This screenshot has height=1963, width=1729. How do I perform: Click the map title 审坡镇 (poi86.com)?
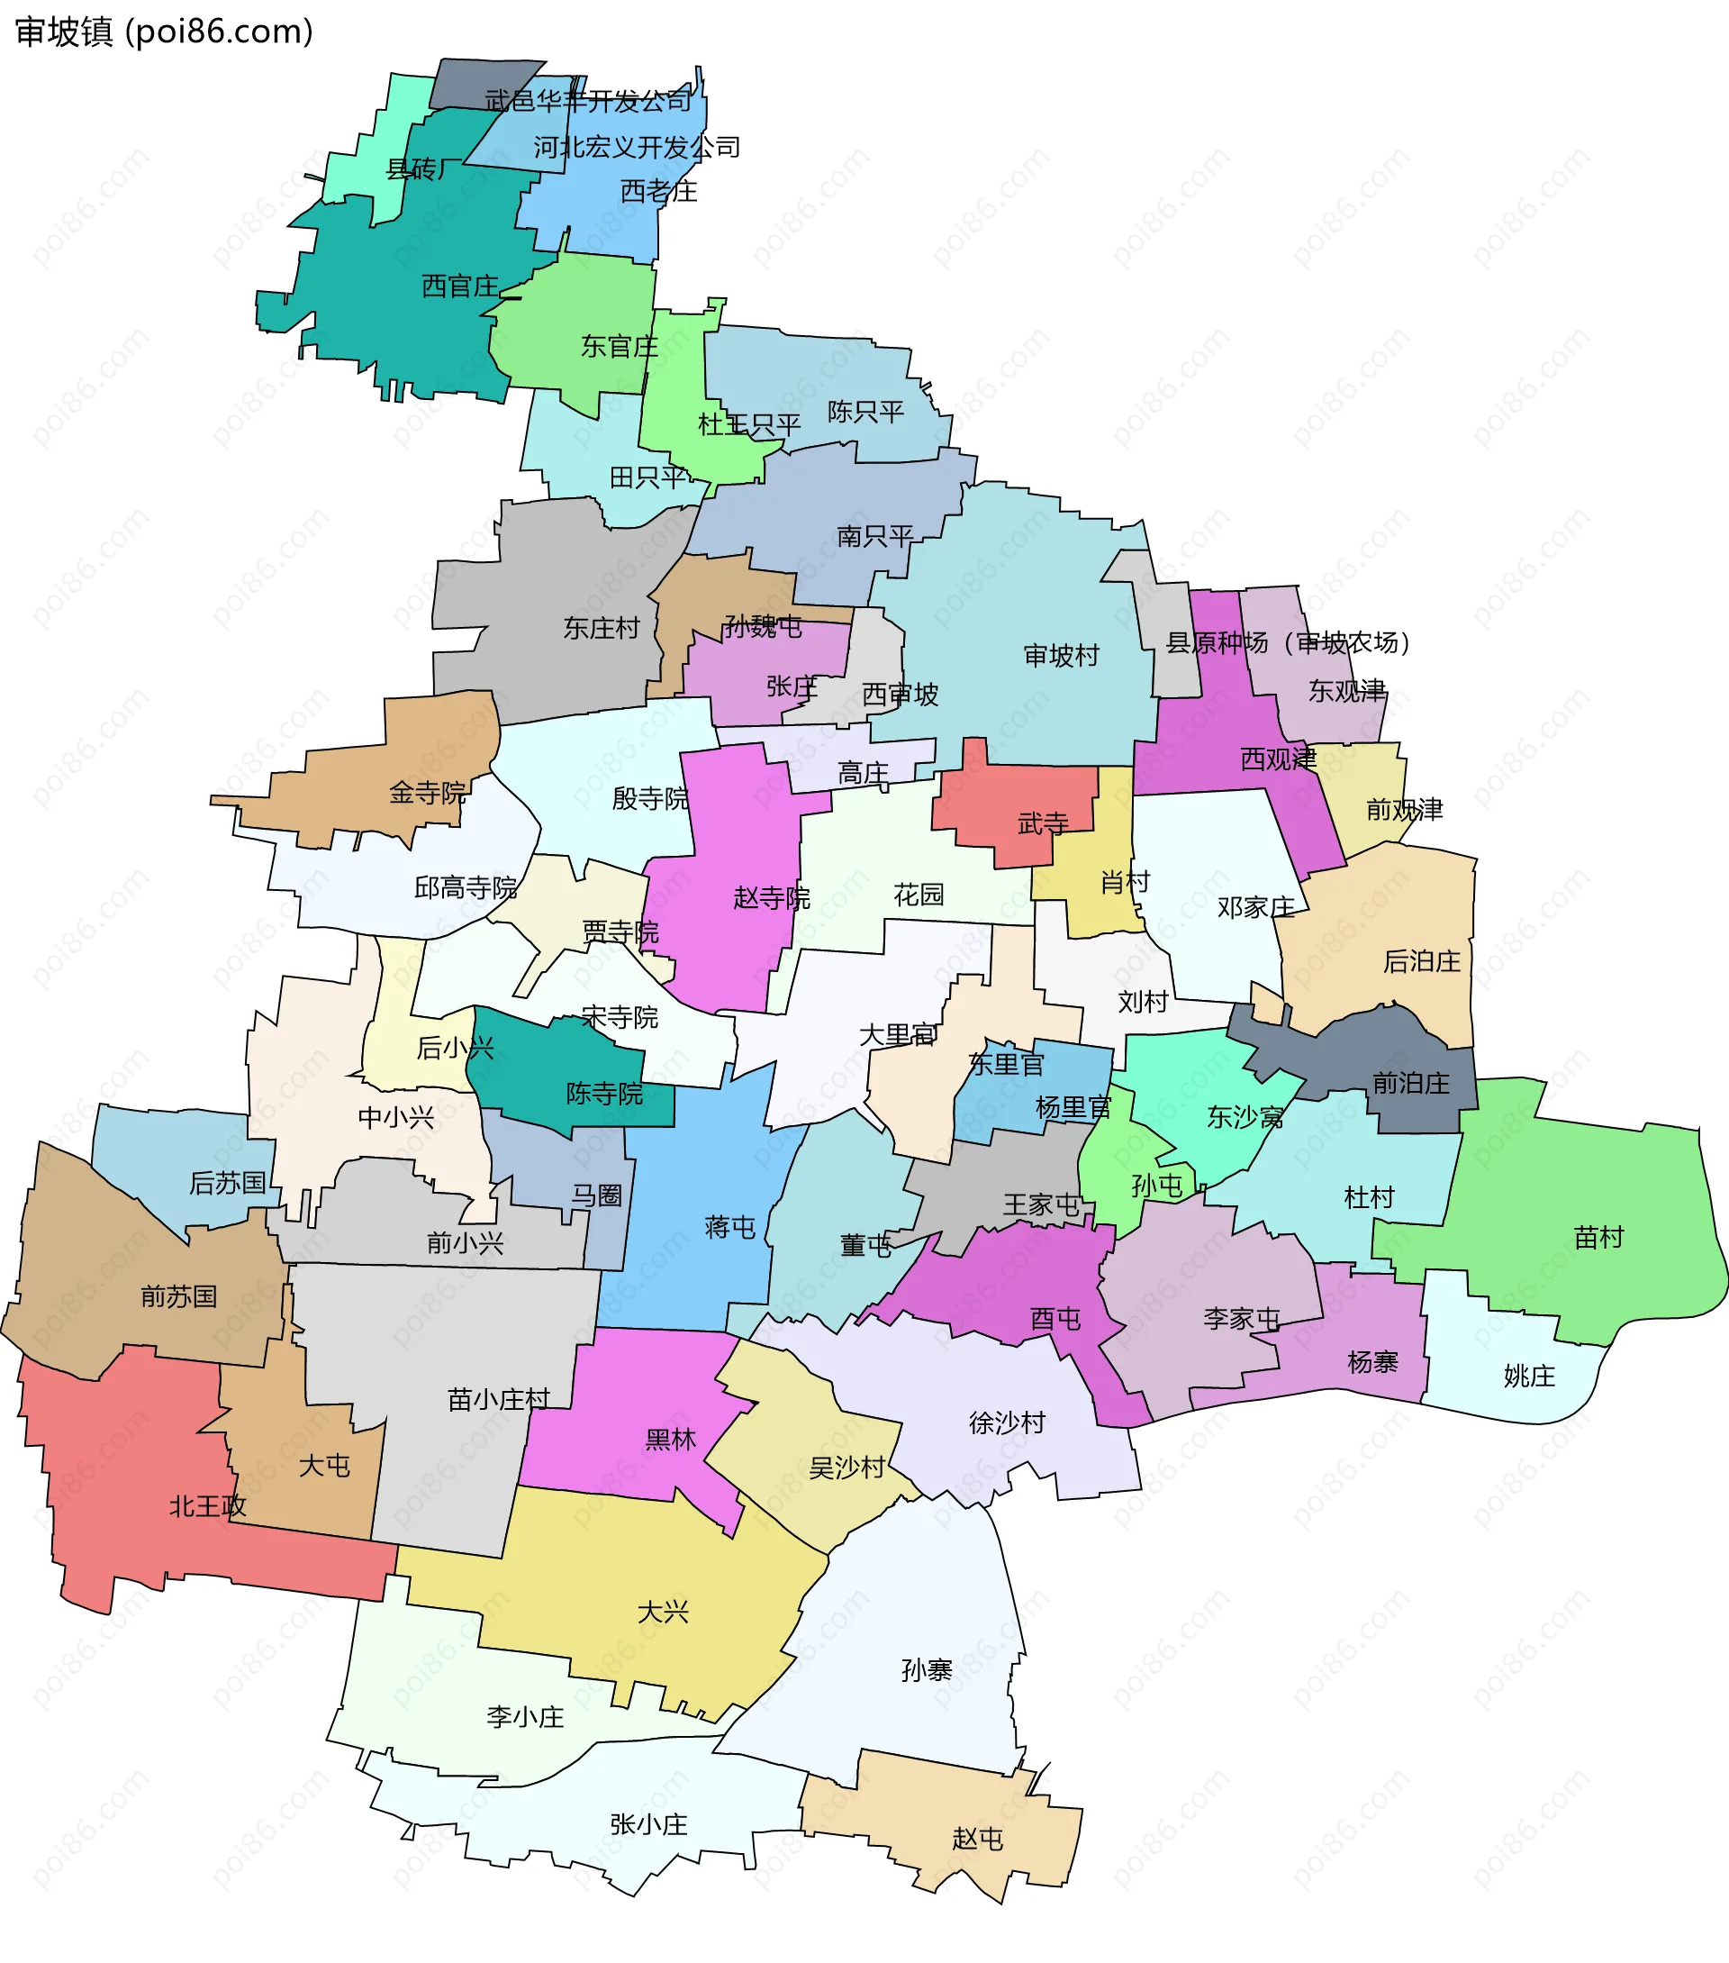pyautogui.click(x=164, y=32)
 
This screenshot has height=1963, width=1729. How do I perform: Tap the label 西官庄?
pyautogui.click(x=460, y=286)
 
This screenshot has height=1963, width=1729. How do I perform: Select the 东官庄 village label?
pyautogui.click(x=620, y=347)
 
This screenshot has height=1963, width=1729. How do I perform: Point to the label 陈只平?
pyautogui.click(x=866, y=412)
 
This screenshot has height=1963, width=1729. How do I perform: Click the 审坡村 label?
pyautogui.click(x=1061, y=656)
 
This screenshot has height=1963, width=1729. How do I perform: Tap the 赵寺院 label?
pyautogui.click(x=772, y=898)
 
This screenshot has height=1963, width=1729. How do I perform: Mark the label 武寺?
pyautogui.click(x=1044, y=824)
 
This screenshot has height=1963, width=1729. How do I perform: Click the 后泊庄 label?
pyautogui.click(x=1422, y=961)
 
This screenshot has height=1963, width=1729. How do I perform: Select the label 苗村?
pyautogui.click(x=1598, y=1237)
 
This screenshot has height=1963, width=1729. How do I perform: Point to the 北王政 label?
pyautogui.click(x=207, y=1507)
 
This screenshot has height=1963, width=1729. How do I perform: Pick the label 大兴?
pyautogui.click(x=664, y=1613)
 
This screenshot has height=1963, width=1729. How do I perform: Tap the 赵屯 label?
pyautogui.click(x=977, y=1839)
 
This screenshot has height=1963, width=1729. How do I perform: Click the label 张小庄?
pyautogui.click(x=649, y=1824)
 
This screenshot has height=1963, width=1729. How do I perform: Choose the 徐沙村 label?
pyautogui.click(x=1007, y=1422)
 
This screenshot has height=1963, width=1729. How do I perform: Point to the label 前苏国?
pyautogui.click(x=178, y=1297)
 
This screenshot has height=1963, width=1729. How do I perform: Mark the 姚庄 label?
pyautogui.click(x=1529, y=1377)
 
